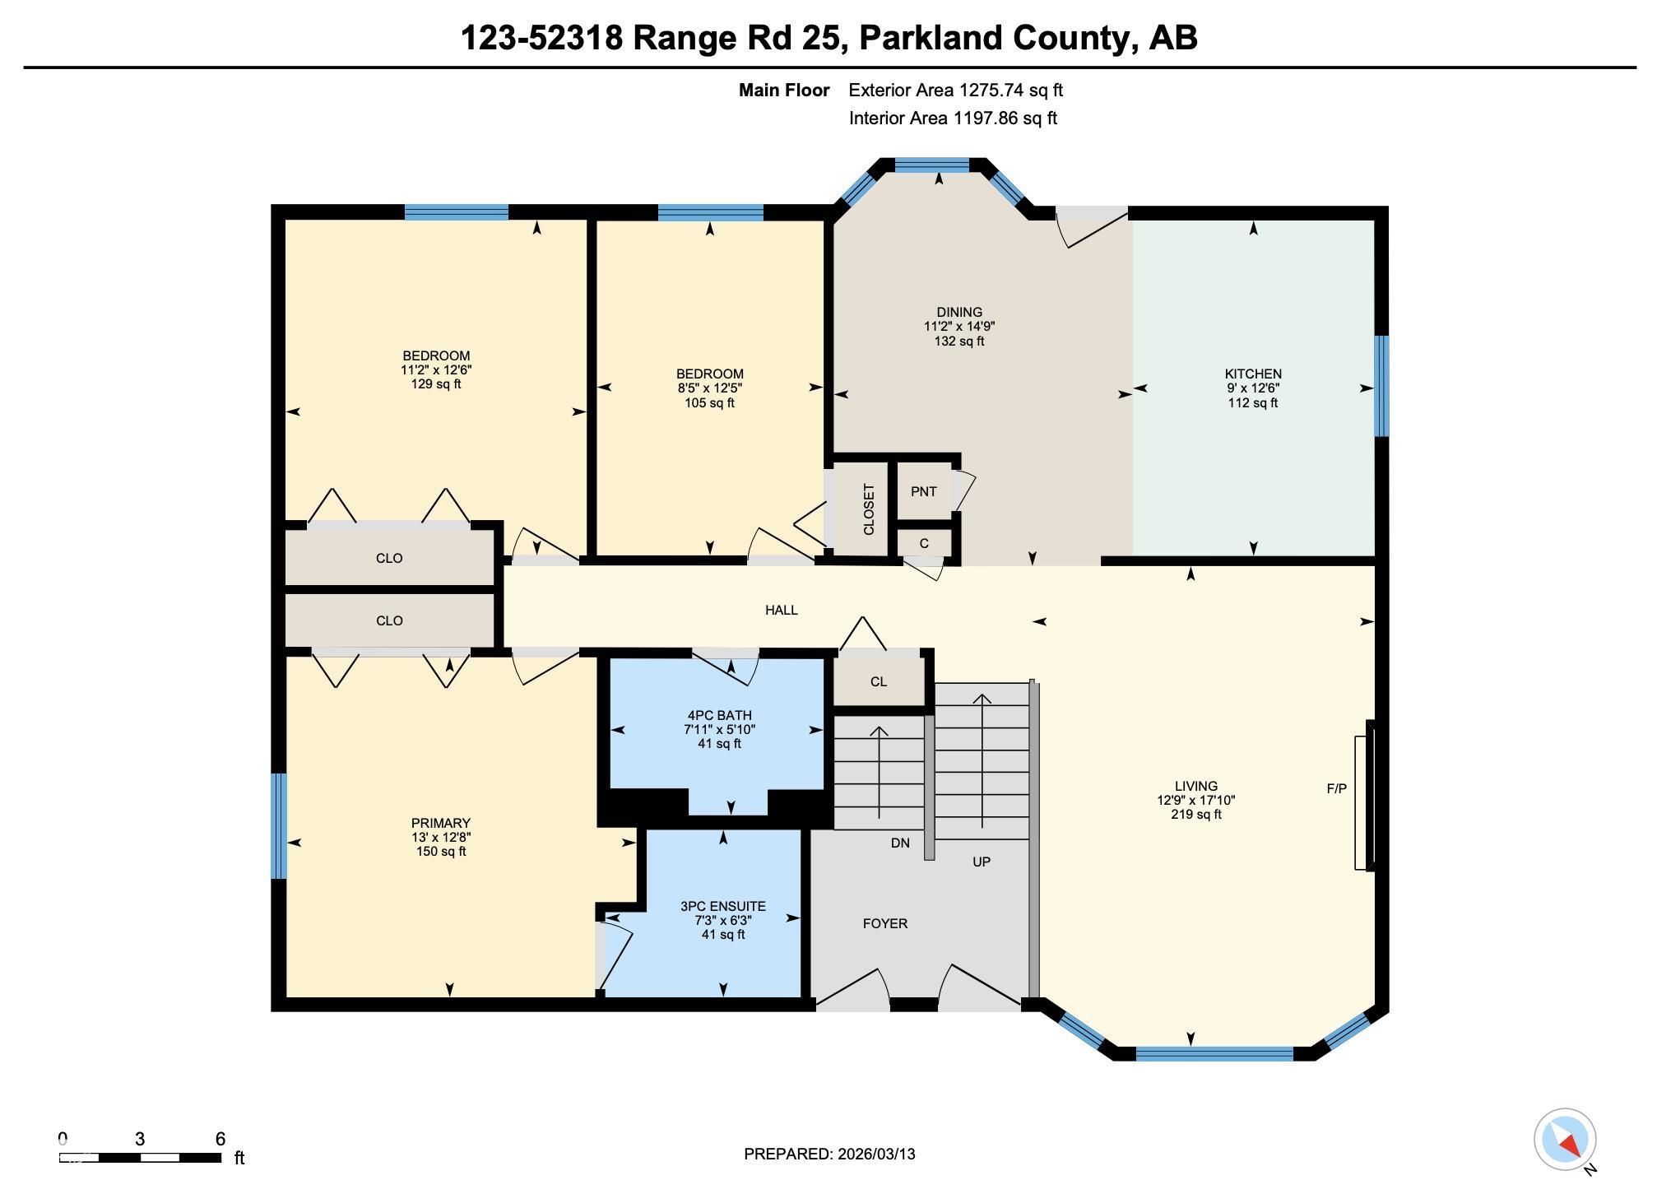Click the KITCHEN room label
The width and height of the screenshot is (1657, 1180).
click(x=1252, y=374)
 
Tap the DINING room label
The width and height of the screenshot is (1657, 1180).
click(x=958, y=312)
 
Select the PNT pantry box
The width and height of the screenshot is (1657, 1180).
click(x=923, y=491)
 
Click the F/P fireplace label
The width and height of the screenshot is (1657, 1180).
click(x=1336, y=788)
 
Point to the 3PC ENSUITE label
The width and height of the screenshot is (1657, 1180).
click(x=722, y=906)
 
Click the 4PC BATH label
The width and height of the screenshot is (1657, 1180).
click(x=719, y=715)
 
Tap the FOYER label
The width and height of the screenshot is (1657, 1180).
click(x=884, y=923)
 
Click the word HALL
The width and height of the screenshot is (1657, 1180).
click(x=781, y=610)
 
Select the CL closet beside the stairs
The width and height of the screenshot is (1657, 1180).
click(x=878, y=681)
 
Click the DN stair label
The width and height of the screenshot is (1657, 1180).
click(x=899, y=843)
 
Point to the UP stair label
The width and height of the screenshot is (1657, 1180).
click(x=981, y=862)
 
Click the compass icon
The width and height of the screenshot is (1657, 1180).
click(x=1564, y=1140)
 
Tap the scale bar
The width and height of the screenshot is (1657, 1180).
click(x=140, y=1157)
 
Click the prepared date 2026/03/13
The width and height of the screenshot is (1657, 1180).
click(x=876, y=1154)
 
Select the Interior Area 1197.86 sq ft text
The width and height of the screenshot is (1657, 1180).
click(x=952, y=118)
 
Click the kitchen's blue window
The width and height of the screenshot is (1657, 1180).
click(x=1381, y=386)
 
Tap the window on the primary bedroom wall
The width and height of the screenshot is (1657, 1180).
click(x=280, y=825)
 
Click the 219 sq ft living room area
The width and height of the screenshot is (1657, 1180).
click(x=1195, y=815)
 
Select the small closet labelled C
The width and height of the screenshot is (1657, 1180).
click(x=923, y=543)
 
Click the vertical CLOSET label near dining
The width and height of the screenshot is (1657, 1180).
click(x=869, y=509)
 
